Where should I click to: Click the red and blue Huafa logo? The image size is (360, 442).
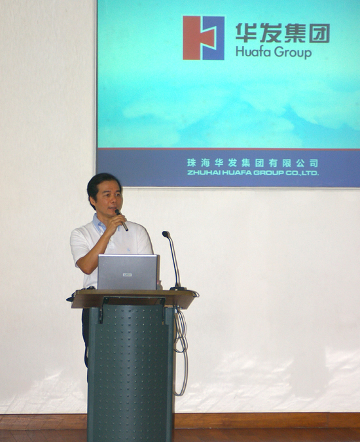204,38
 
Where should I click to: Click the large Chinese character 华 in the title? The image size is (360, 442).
246,33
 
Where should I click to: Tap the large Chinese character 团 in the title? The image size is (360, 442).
319,33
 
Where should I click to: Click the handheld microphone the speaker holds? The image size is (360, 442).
121,220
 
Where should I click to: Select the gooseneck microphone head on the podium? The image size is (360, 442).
166,234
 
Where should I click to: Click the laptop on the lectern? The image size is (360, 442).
128,272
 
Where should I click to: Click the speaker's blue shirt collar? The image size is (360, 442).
99,223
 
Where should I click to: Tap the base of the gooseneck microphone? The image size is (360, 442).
178,288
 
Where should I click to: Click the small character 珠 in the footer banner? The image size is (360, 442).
191,163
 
